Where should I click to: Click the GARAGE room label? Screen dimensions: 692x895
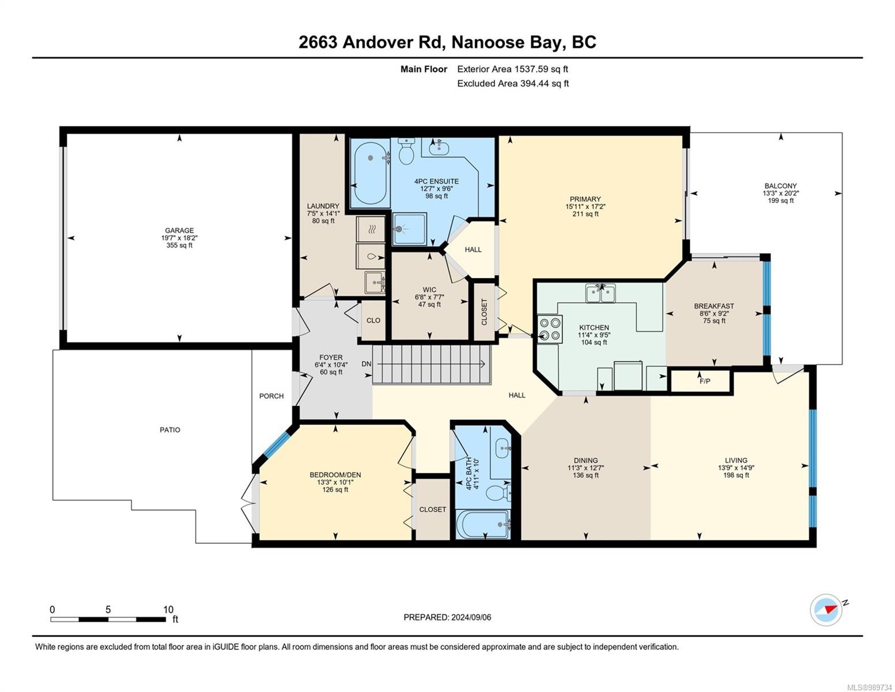(179, 230)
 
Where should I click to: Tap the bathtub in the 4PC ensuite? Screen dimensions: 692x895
(370, 172)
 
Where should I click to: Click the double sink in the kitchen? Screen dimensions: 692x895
(600, 293)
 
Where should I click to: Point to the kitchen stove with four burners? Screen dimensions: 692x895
(549, 329)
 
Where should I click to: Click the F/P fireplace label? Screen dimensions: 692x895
(704, 381)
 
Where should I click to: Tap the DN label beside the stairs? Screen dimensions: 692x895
(366, 364)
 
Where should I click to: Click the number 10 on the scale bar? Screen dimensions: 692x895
(168, 610)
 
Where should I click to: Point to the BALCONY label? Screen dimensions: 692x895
(780, 186)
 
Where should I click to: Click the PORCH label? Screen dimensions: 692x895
(271, 396)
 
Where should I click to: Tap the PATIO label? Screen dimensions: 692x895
(169, 430)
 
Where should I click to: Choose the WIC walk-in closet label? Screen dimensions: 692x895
(429, 289)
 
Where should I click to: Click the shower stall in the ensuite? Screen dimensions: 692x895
(409, 230)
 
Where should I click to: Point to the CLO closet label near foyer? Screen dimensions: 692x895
(373, 321)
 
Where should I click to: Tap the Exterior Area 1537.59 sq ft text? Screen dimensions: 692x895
(512, 69)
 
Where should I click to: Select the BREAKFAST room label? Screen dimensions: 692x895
(713, 306)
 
